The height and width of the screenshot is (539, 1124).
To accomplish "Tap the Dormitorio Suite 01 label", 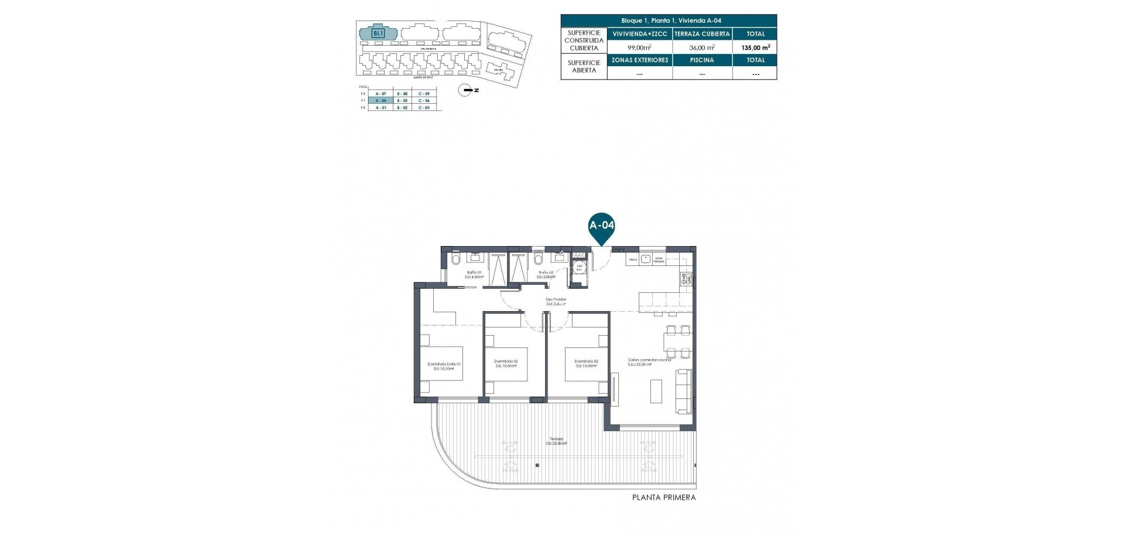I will coord(444,366).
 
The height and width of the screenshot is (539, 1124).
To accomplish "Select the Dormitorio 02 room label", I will coord(506,363).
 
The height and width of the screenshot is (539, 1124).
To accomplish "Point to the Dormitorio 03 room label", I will coord(586,363).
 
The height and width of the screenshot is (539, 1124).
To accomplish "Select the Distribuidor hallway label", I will coord(556,301).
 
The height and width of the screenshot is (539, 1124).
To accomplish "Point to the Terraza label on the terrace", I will coord(556,441).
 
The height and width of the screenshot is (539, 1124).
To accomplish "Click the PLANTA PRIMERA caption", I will coord(664,497).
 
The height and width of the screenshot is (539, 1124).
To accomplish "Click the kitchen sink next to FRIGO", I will coord(646,258).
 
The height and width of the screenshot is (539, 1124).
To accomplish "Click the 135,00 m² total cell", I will coord(755,48).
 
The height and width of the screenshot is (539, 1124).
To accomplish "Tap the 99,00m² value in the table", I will coord(639,48).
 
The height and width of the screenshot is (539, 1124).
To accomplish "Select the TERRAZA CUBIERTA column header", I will coord(702,34).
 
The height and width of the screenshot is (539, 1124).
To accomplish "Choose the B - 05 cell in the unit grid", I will coord(402,101).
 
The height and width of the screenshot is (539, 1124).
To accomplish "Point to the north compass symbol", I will coord(467,90).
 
